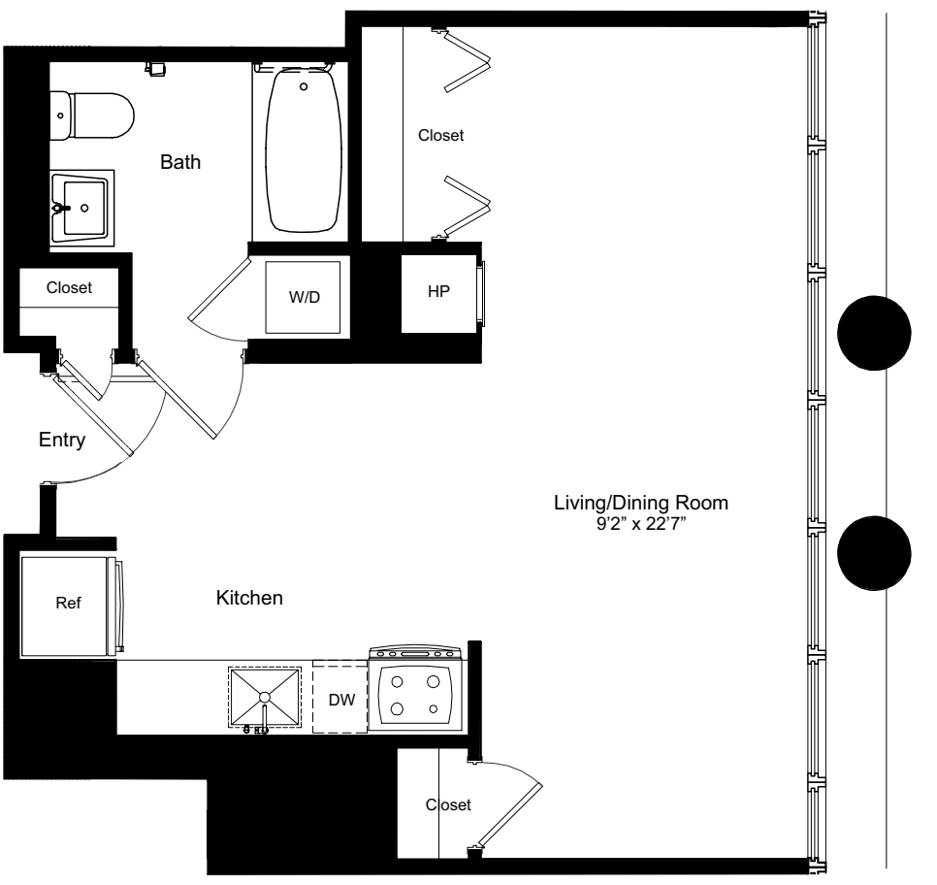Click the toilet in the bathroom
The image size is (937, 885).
(x=92, y=114)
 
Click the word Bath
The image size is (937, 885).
(x=180, y=162)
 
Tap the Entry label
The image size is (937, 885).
(x=62, y=441)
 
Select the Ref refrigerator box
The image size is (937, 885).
(x=67, y=603)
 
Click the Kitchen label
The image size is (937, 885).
(x=249, y=599)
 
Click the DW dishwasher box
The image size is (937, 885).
(x=340, y=698)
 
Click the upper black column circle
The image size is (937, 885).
(x=874, y=333)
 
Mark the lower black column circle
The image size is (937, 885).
(x=874, y=552)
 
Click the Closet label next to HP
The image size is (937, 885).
(x=440, y=136)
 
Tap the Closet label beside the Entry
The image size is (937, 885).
(x=69, y=287)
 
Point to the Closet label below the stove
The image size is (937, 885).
(x=448, y=804)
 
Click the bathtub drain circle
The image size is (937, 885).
(x=305, y=86)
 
